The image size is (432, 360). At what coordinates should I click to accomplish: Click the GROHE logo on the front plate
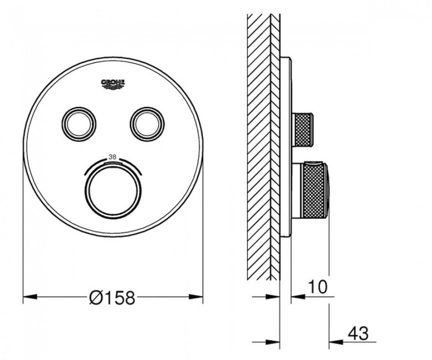click(113, 84)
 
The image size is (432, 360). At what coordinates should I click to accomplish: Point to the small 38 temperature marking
click(112, 157)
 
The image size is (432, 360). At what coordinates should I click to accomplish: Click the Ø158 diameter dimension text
click(112, 297)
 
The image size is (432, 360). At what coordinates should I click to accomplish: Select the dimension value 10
click(318, 286)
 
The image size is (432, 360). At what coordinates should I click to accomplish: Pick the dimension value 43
click(358, 333)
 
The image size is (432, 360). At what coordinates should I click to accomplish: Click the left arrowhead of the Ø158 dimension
click(30, 297)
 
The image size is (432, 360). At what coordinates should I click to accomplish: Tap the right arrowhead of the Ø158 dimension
click(196, 297)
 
